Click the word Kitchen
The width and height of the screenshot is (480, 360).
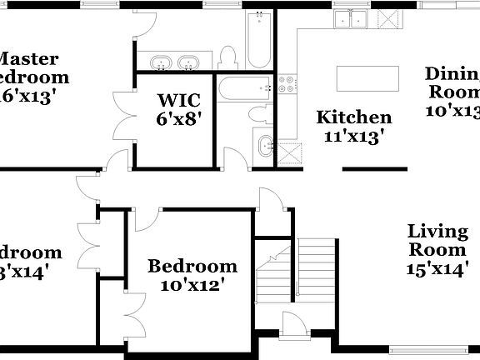coord(354,118)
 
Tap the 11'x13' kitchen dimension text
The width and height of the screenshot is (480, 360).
coord(354,137)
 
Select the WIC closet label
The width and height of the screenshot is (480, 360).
coord(178,100)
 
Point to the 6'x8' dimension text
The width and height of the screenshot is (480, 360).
coord(178,119)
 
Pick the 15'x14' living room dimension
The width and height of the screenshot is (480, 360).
coord(437,267)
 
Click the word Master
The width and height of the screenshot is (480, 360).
coord(27,59)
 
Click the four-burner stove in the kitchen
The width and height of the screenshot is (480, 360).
coord(287,82)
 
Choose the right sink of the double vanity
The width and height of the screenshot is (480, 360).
coord(191,62)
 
